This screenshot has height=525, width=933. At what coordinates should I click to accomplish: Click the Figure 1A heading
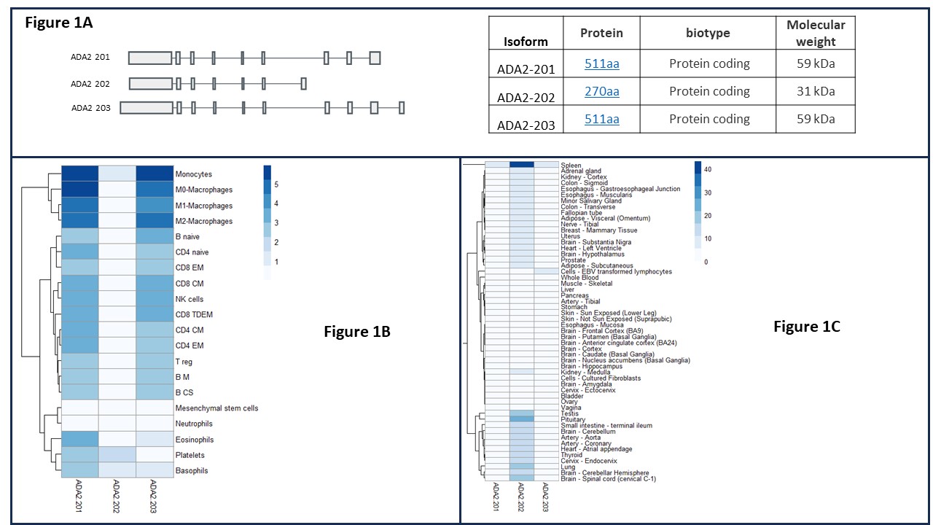(58, 23)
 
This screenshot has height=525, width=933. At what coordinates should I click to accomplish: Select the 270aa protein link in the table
(601, 92)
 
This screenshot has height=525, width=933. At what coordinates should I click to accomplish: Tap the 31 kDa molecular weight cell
(815, 91)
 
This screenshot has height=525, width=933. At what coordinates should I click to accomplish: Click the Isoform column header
(525, 42)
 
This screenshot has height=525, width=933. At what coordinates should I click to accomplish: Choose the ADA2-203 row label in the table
(526, 125)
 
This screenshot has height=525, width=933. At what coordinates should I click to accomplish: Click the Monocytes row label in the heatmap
(193, 174)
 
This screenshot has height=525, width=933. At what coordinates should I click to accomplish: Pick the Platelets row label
(191, 455)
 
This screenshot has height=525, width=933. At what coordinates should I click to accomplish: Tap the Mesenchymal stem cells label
(216, 408)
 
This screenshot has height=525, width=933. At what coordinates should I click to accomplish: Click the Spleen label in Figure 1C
(571, 165)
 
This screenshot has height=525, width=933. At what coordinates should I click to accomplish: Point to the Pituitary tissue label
(573, 419)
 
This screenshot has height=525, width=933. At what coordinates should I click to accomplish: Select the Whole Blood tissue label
(580, 278)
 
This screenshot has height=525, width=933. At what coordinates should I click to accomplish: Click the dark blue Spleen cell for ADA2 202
(522, 165)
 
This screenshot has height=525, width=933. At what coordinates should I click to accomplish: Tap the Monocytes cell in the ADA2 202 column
(117, 174)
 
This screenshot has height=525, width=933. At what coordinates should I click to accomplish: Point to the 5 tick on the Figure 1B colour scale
(276, 184)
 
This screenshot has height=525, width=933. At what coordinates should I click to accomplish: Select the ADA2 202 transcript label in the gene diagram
(90, 84)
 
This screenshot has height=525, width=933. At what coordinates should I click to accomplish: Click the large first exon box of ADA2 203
(147, 108)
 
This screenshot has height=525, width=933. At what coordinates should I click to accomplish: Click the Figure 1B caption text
(356, 332)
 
